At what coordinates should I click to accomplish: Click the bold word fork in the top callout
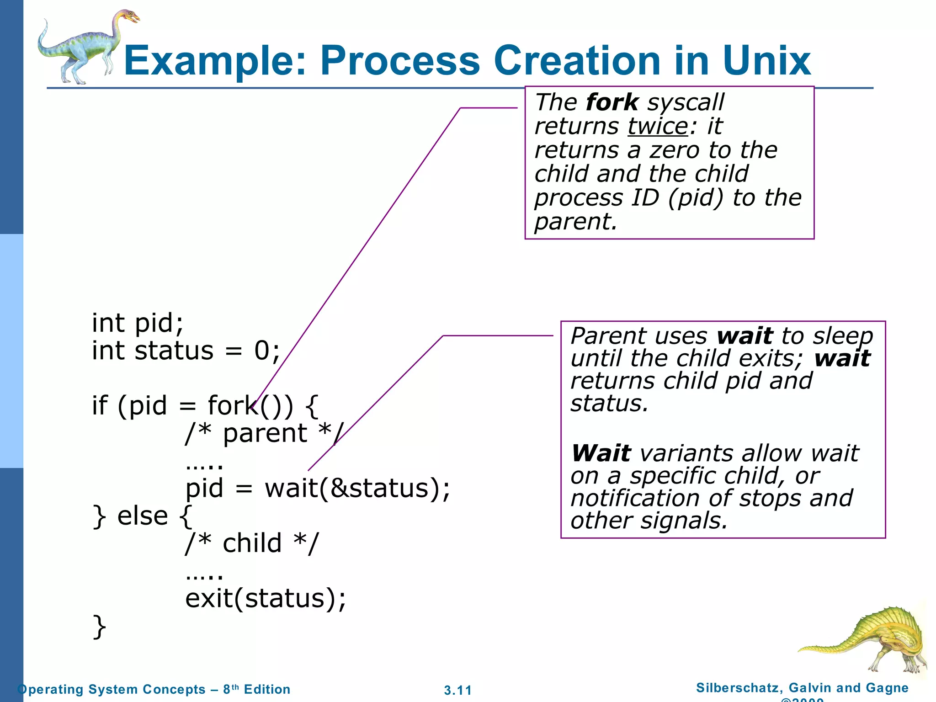[612, 102]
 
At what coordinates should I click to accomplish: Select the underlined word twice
[658, 126]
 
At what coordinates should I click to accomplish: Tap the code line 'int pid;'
[138, 323]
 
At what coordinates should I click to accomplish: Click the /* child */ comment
[252, 543]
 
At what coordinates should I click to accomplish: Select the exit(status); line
[266, 598]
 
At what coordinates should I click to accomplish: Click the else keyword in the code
[143, 516]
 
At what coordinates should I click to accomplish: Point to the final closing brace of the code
[99, 627]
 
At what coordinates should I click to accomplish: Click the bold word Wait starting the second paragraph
[601, 453]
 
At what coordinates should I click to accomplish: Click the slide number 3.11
[457, 690]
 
